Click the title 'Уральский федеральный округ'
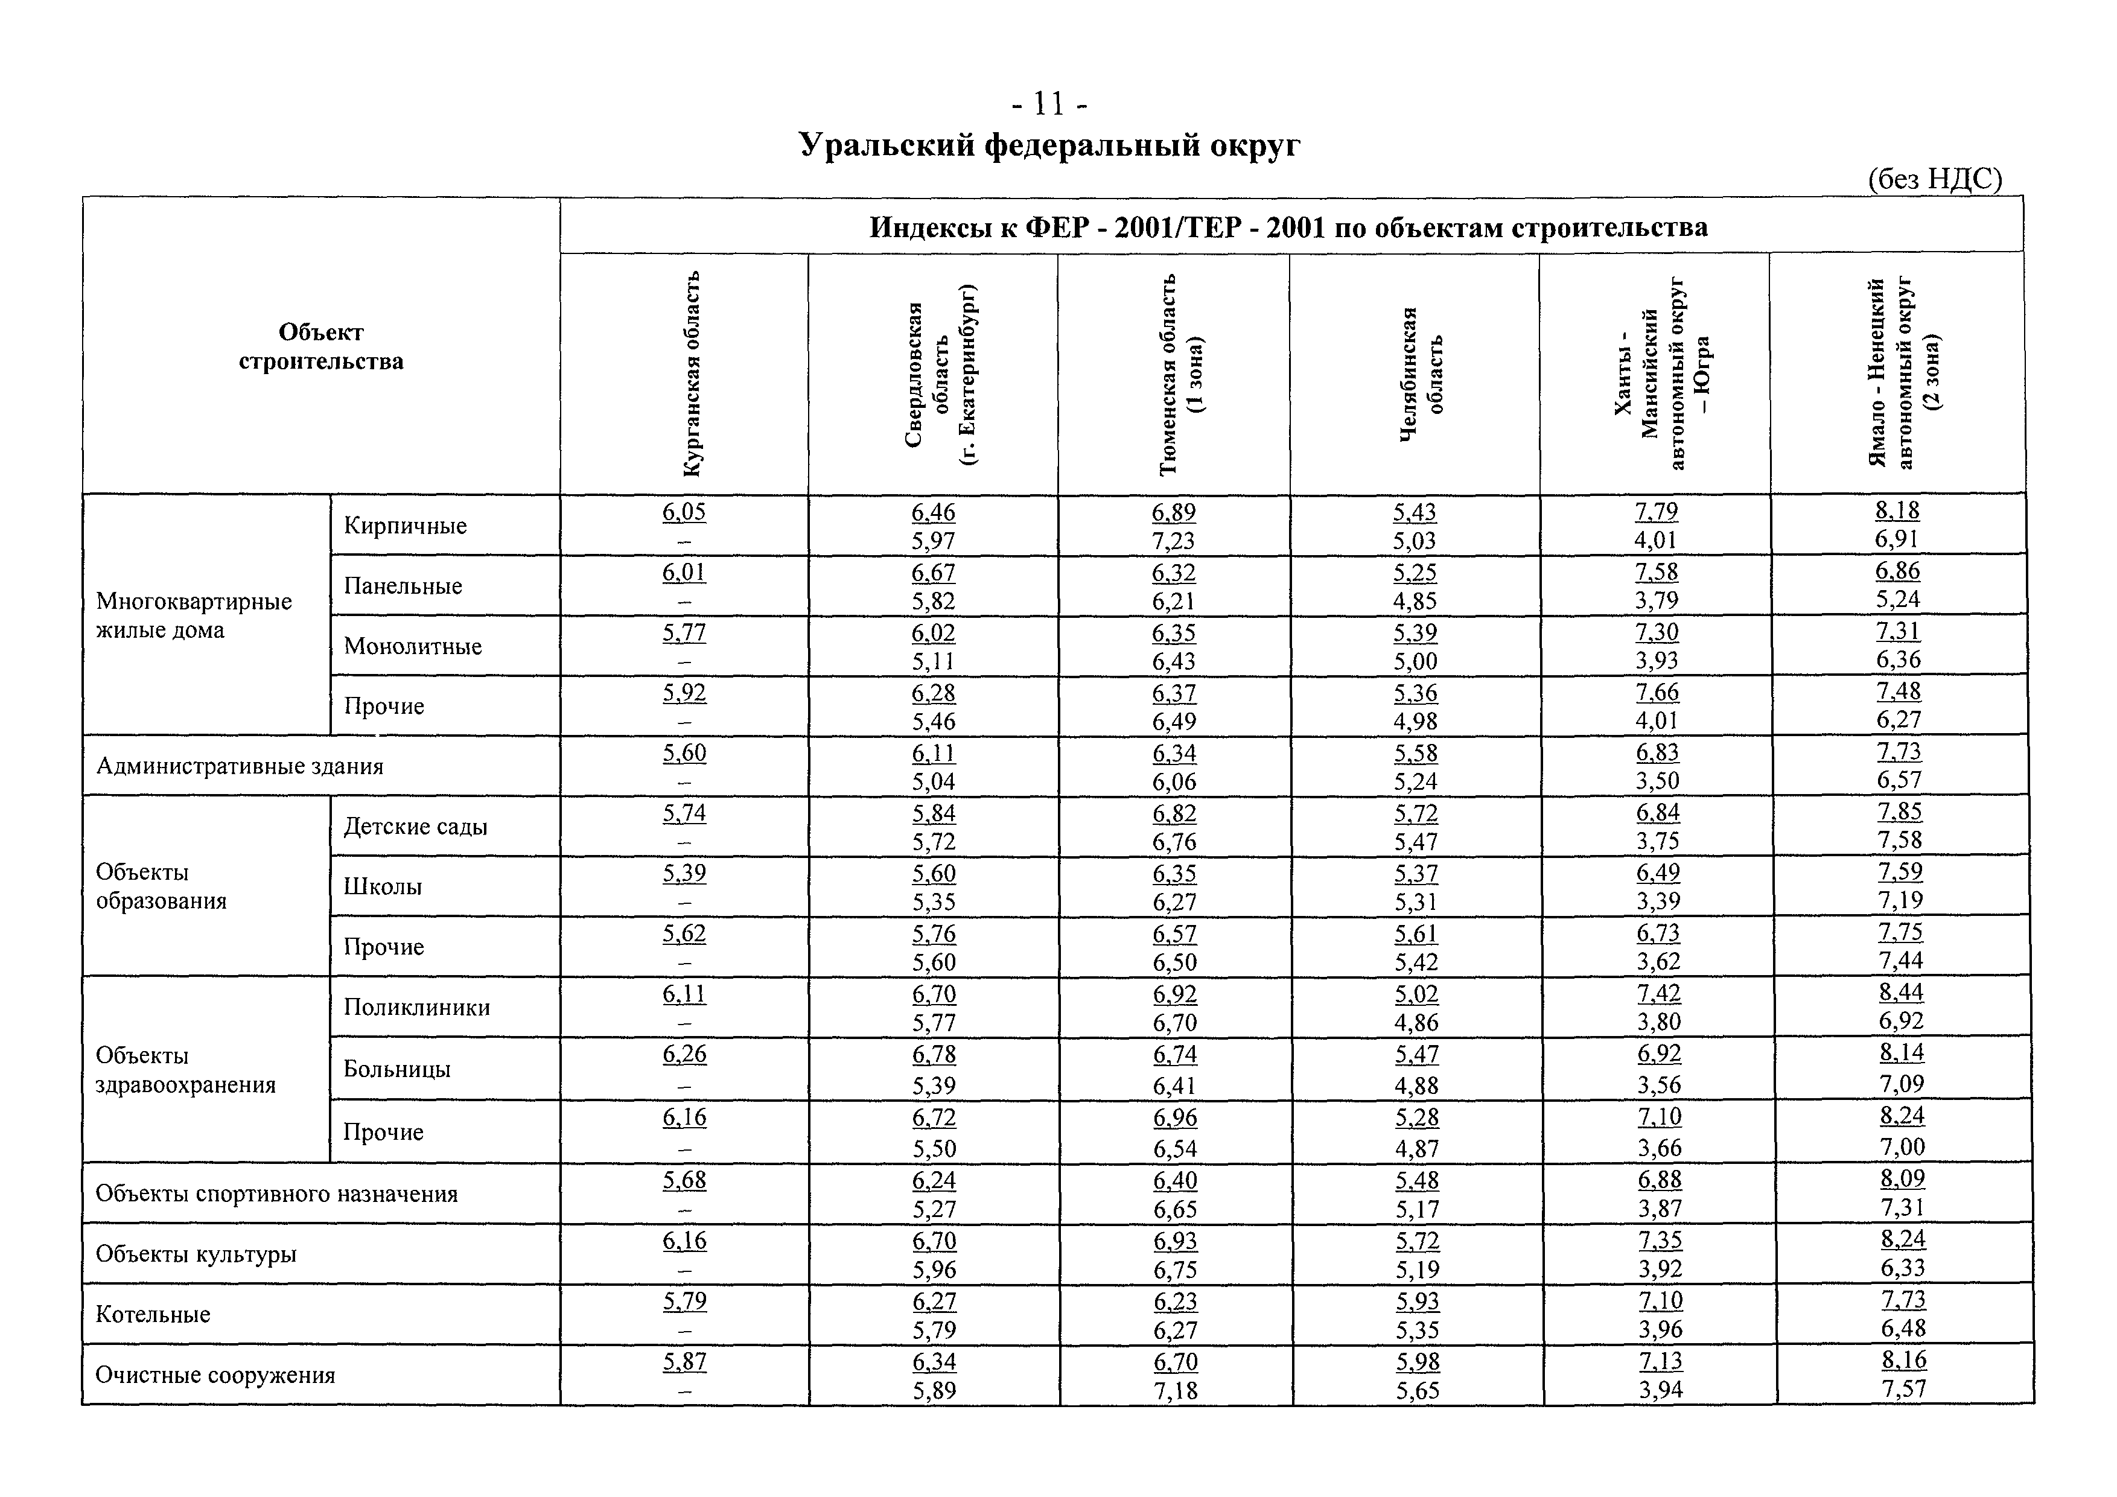(x=1049, y=145)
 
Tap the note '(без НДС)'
(x=1934, y=179)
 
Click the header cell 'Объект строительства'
(x=321, y=346)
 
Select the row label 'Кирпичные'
(x=405, y=526)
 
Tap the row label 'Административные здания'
(x=240, y=766)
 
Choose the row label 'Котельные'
(x=153, y=1315)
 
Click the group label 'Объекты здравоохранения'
(x=185, y=1070)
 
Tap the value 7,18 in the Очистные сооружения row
(x=1175, y=1390)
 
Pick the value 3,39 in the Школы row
(x=1658, y=901)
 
